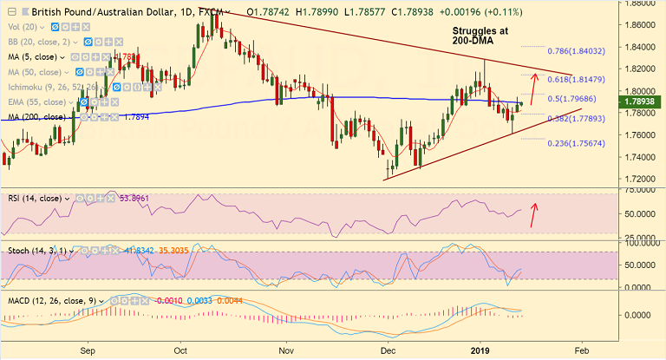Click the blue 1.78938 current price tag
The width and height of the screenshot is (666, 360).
point(639,102)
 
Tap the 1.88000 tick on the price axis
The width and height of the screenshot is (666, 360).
point(639,3)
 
